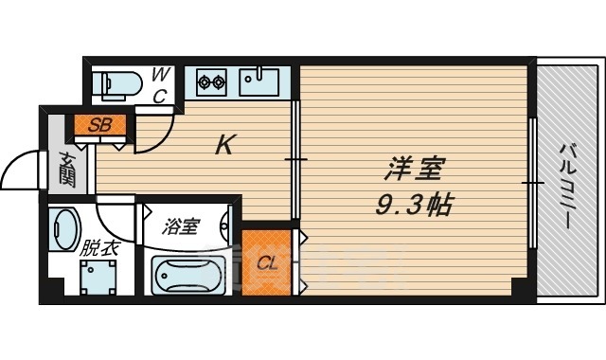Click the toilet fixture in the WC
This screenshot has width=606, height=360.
[x=119, y=83]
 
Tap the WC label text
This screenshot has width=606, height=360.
[x=160, y=82]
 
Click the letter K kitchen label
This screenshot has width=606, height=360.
[x=224, y=145]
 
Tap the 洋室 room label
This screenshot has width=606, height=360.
[x=412, y=172]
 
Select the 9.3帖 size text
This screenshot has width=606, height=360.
[x=412, y=203]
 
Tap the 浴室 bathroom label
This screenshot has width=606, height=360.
[x=180, y=226]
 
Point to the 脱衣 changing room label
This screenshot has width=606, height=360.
[x=98, y=249]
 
